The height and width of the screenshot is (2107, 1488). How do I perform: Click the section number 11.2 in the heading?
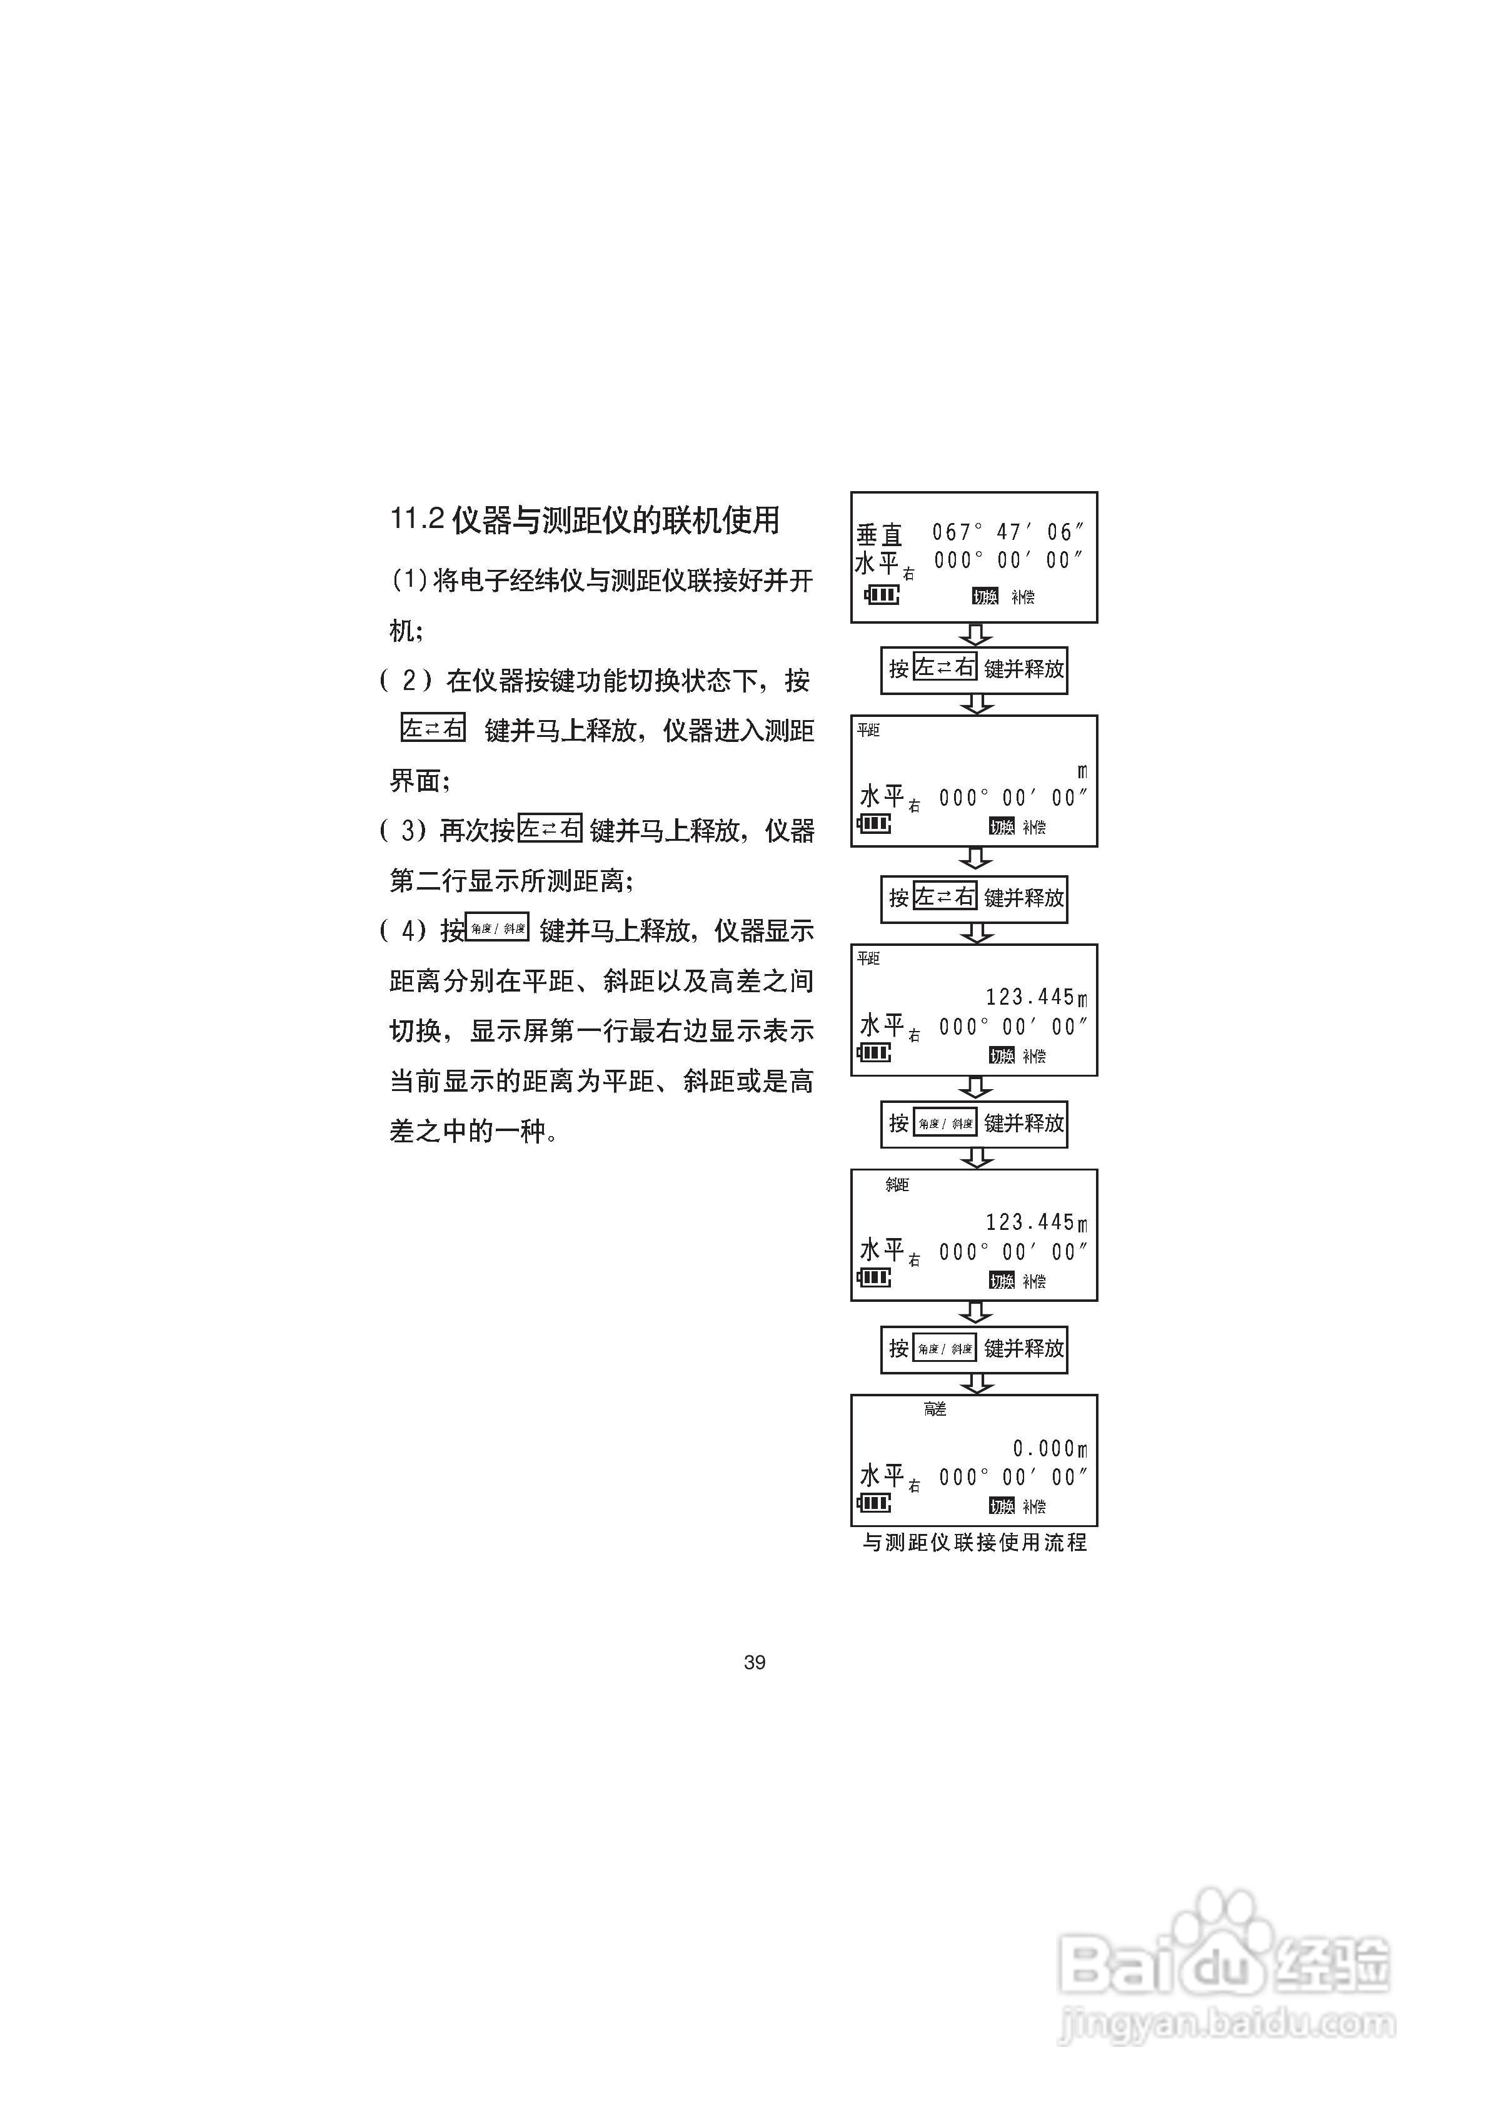[x=418, y=519]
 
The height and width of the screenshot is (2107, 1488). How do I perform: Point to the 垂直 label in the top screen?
[x=879, y=534]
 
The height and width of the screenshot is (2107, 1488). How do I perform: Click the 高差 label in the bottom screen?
[x=935, y=1409]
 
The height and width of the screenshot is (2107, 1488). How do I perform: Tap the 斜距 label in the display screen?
[x=897, y=1185]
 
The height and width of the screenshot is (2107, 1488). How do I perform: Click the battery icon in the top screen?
[x=882, y=596]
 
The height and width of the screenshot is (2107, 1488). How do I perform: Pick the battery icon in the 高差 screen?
[x=873, y=1503]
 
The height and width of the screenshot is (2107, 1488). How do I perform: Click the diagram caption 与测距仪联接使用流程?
[x=974, y=1543]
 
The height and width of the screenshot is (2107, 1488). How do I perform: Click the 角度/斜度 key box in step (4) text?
[x=497, y=928]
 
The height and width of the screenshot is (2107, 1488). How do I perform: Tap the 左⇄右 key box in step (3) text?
[x=550, y=829]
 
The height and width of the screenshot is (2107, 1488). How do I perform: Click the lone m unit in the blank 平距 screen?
[x=1082, y=773]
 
